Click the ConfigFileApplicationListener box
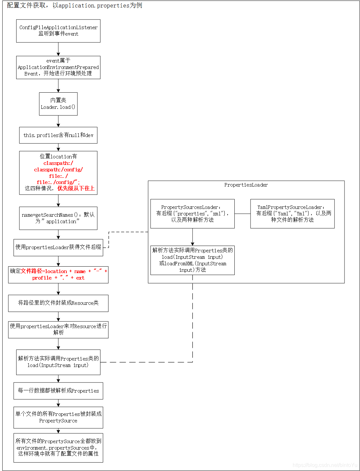[x=58, y=31]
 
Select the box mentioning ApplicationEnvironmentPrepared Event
[x=58, y=67]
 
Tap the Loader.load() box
[x=58, y=104]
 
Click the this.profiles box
[x=58, y=135]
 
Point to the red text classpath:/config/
[x=58, y=169]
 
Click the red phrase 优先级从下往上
[x=76, y=188]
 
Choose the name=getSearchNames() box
[x=58, y=218]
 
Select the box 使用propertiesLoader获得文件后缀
[x=58, y=247]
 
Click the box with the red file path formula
[x=58, y=275]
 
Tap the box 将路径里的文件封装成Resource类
[x=58, y=303]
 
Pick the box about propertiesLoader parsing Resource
[x=58, y=329]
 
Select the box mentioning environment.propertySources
[x=58, y=448]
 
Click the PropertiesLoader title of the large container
[x=246, y=185]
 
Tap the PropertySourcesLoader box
[x=192, y=213]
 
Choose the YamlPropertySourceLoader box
[x=292, y=213]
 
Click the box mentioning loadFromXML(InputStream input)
[x=192, y=260]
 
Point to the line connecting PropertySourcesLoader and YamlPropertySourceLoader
[x=242, y=214]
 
